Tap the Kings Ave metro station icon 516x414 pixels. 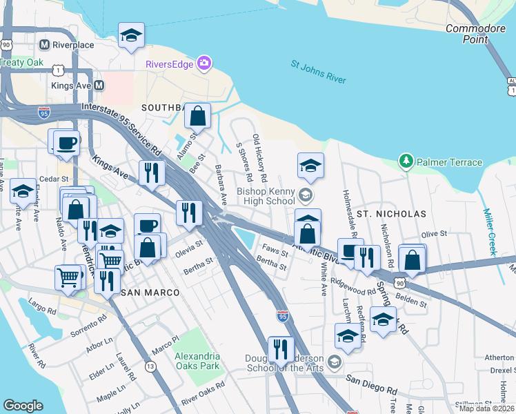99,86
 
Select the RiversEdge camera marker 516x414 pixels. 204,64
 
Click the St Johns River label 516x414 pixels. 318,72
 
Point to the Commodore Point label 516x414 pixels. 476,34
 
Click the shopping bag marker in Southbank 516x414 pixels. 197,117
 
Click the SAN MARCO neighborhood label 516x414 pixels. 150,293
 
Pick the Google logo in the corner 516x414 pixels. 23,406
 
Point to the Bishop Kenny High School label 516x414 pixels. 266,196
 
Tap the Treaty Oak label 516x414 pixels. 22,62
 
